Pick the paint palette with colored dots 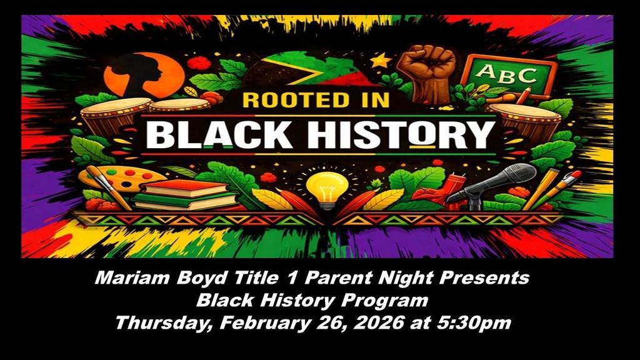point(122,179)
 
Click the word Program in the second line point(387,301)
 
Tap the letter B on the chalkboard point(509,75)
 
